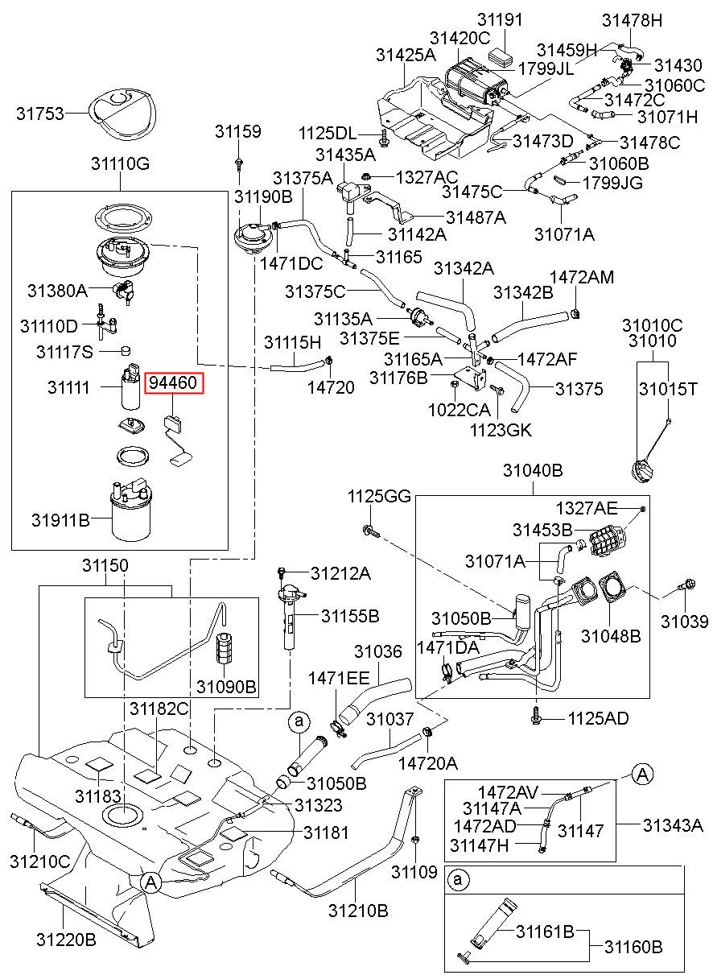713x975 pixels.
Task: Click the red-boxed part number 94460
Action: pyautogui.click(x=174, y=383)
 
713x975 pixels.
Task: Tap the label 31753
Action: pyautogui.click(x=40, y=114)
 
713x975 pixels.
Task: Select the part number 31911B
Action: pyautogui.click(x=60, y=520)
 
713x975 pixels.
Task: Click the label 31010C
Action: pyautogui.click(x=652, y=325)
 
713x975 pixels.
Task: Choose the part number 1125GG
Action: pyautogui.click(x=379, y=496)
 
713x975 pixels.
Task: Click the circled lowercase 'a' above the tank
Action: pyautogui.click(x=299, y=721)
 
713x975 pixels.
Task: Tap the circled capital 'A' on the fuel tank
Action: pyautogui.click(x=150, y=882)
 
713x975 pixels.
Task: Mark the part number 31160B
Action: pyautogui.click(x=634, y=946)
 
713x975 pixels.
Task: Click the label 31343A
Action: pyautogui.click(x=673, y=824)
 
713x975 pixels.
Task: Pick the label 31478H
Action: pyautogui.click(x=632, y=20)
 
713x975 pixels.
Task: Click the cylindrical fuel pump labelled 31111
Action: pyautogui.click(x=130, y=386)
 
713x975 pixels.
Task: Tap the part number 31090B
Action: pyautogui.click(x=226, y=687)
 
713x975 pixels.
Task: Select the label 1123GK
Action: pyautogui.click(x=501, y=431)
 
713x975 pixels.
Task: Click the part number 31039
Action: pyautogui.click(x=685, y=622)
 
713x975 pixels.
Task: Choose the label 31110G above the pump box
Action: pyautogui.click(x=120, y=163)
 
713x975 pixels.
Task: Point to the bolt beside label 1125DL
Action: pyautogui.click(x=384, y=137)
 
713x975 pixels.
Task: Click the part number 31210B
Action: pyautogui.click(x=358, y=910)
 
